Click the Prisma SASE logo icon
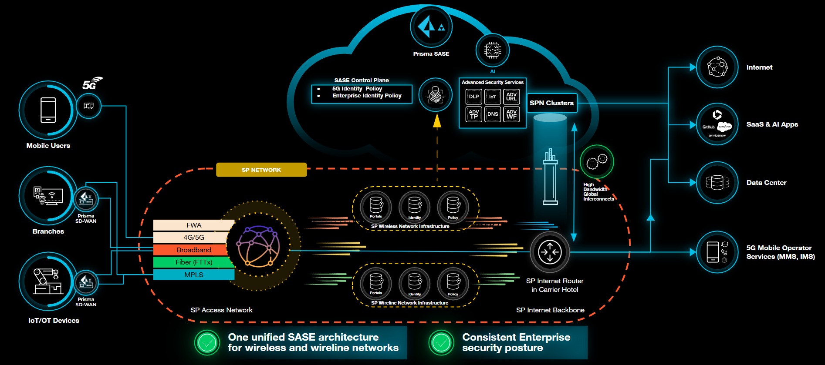431,27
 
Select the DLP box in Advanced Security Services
473,97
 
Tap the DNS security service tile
493,114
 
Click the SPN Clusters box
551,103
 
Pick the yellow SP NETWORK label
261,170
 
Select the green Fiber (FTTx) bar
193,262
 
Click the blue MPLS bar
193,275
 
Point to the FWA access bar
193,225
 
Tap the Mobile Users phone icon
48,110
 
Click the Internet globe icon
717,67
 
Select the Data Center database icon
717,183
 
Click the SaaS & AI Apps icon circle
717,124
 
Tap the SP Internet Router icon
550,252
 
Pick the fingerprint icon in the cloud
435,95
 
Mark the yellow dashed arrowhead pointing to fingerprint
437,121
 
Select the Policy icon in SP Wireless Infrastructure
453,206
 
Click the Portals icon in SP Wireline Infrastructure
376,282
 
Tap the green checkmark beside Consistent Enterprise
441,343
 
